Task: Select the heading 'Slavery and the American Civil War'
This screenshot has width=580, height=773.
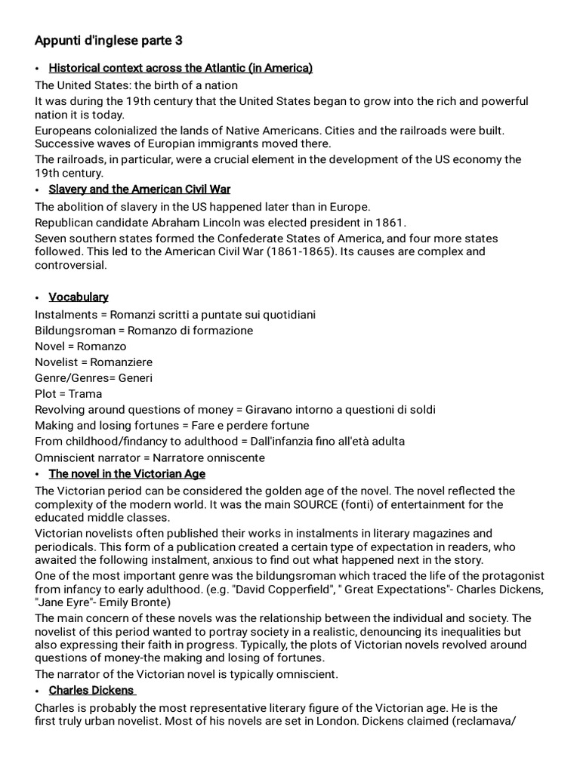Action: click(140, 189)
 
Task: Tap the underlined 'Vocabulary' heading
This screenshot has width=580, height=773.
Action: click(79, 297)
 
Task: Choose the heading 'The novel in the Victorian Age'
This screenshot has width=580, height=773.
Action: click(127, 474)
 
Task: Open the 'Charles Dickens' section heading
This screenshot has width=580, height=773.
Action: click(91, 691)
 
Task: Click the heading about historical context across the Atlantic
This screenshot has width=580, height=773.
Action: click(180, 69)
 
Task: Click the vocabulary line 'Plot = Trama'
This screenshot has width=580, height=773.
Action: click(69, 394)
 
